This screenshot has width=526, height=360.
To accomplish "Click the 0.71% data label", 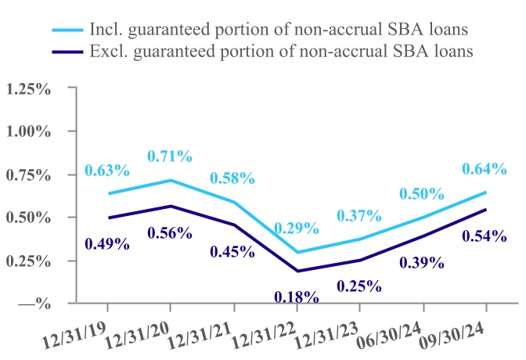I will coord(170,156).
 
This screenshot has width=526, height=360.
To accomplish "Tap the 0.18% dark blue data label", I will coord(297,297).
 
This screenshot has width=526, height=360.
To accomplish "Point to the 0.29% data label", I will coord(297,229).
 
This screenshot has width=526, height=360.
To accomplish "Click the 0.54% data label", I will coord(485,236).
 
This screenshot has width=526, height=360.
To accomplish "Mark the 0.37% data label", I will coord(358,215).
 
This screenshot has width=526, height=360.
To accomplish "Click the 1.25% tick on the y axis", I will coord(29,88).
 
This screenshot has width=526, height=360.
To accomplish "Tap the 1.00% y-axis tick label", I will coord(29,131).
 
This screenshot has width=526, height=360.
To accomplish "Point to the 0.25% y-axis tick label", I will coord(29,260).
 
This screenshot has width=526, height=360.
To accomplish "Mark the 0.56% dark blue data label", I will coord(170,232).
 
